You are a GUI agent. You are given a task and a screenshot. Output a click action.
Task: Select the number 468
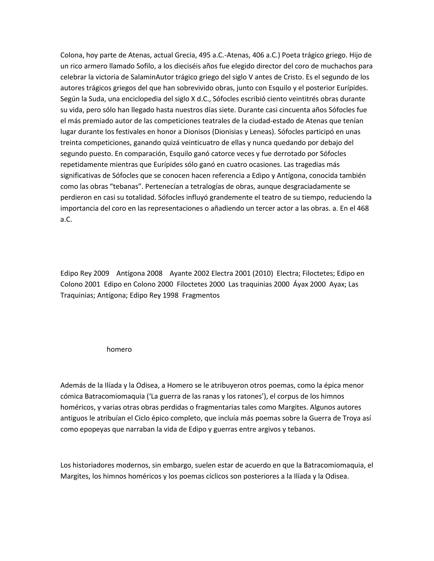pos(363,208)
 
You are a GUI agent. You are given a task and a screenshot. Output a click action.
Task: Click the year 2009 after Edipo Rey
pos(101,273)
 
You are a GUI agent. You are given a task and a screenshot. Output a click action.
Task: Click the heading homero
pos(119,349)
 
